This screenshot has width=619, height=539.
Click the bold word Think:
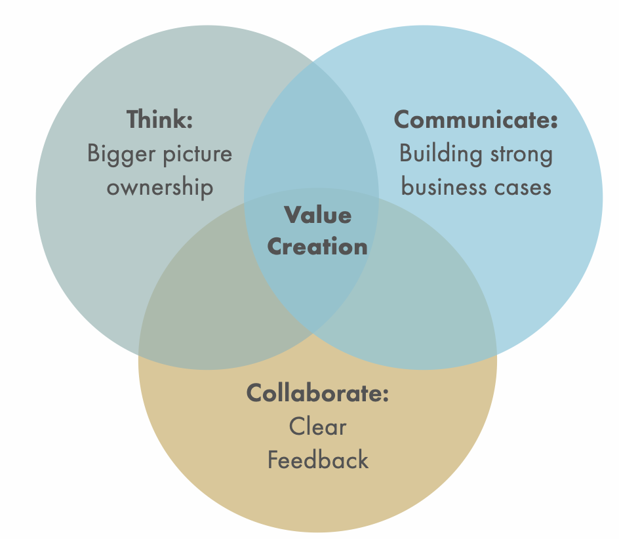click(160, 120)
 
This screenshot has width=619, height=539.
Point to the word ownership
click(160, 188)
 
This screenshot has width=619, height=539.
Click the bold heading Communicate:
click(475, 120)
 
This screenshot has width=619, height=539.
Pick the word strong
click(522, 154)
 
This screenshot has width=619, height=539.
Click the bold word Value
click(318, 214)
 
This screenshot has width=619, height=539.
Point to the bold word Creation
click(318, 247)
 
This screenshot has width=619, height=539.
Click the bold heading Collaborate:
click(318, 393)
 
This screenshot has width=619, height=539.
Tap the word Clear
click(318, 427)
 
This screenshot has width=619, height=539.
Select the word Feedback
click(318, 460)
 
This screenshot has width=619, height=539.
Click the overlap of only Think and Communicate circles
click(311, 131)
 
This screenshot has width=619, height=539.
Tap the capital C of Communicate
click(402, 120)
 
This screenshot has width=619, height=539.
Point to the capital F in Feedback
click(273, 460)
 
